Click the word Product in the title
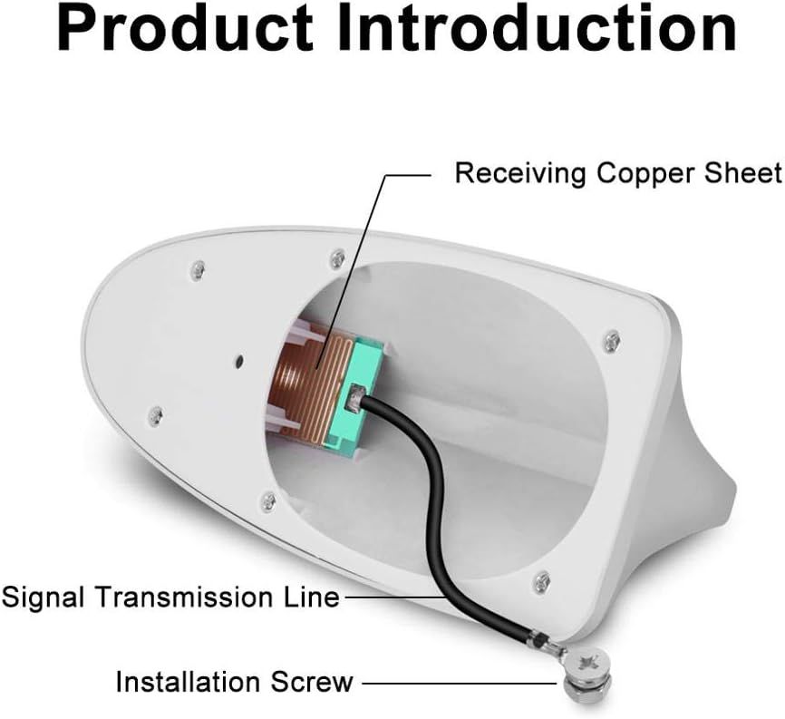(185, 28)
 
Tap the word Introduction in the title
(538, 28)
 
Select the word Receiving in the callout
(520, 173)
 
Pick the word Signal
(43, 598)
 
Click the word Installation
(189, 682)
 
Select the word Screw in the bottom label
(312, 682)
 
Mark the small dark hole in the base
(240, 360)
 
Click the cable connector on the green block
(356, 396)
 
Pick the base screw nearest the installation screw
(541, 581)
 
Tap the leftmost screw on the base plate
(156, 414)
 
